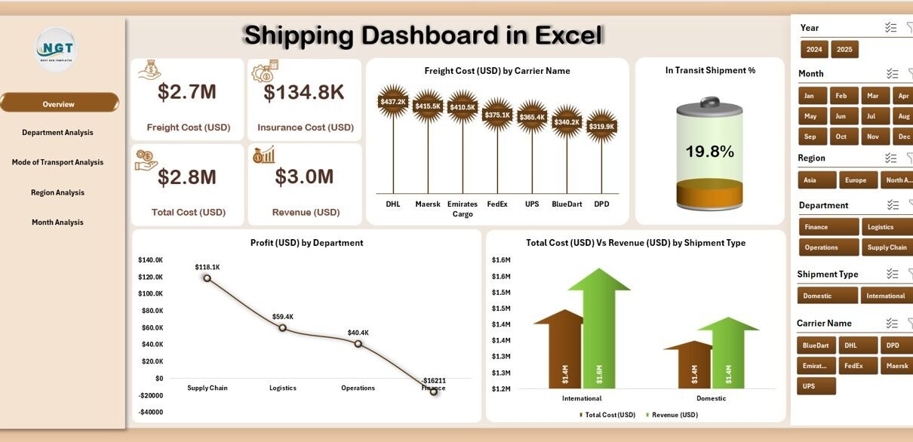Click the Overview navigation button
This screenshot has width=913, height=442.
pyautogui.click(x=59, y=103)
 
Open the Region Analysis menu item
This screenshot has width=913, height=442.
pyautogui.click(x=57, y=192)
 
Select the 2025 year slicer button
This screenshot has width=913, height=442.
pyautogui.click(x=844, y=50)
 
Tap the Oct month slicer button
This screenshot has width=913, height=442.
pyautogui.click(x=841, y=137)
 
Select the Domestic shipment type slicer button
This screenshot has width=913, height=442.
pyautogui.click(x=827, y=296)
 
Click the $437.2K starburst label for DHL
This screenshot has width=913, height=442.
pyautogui.click(x=392, y=101)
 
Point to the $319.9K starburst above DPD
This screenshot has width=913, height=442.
pyautogui.click(x=601, y=126)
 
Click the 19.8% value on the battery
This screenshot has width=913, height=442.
pyautogui.click(x=709, y=152)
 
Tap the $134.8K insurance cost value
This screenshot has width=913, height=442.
pyautogui.click(x=304, y=93)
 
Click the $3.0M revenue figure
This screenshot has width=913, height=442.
pyautogui.click(x=304, y=177)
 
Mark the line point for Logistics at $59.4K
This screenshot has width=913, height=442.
pyautogui.click(x=283, y=327)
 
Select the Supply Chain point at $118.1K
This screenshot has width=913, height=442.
pyautogui.click(x=207, y=278)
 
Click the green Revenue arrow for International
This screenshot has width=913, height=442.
pyautogui.click(x=599, y=332)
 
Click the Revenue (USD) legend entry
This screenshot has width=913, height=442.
pyautogui.click(x=673, y=415)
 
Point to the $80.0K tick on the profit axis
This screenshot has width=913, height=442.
pyautogui.click(x=151, y=311)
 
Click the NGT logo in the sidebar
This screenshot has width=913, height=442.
pyautogui.click(x=57, y=50)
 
